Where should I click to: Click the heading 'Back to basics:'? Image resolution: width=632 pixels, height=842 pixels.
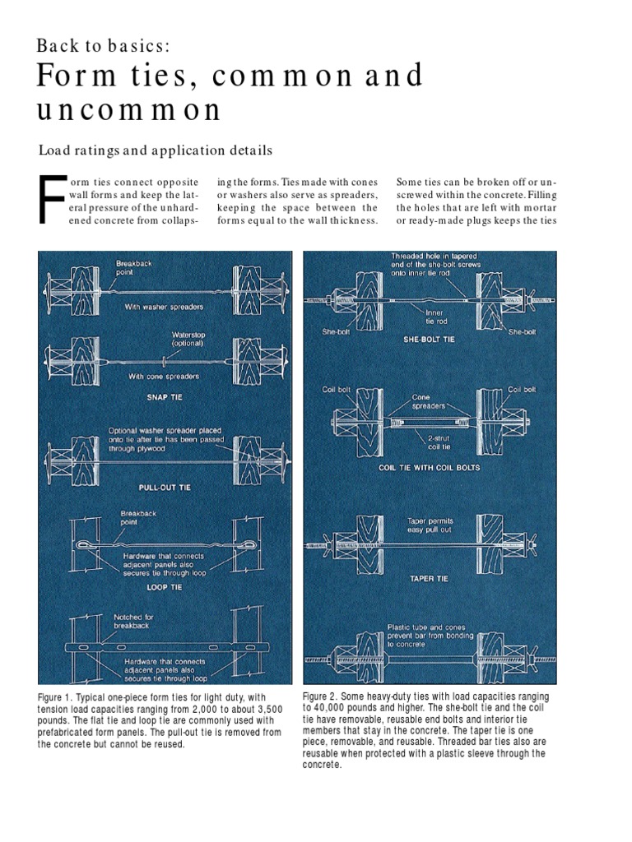[103, 45]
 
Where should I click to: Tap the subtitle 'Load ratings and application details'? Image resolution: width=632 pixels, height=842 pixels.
[155, 150]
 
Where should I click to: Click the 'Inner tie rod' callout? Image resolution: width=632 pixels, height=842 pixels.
[434, 317]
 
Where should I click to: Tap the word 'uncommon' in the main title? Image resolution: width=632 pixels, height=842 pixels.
[129, 109]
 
